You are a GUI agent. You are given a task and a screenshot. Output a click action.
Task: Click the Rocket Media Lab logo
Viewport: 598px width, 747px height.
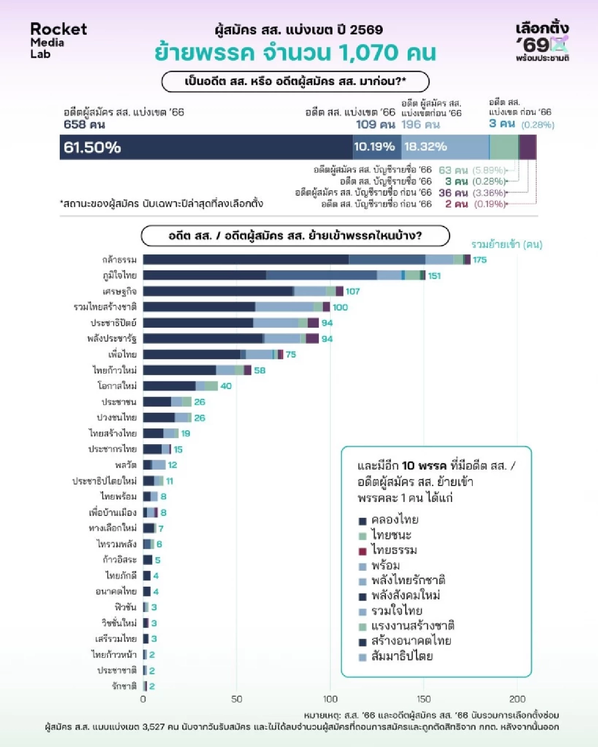pyautogui.click(x=58, y=41)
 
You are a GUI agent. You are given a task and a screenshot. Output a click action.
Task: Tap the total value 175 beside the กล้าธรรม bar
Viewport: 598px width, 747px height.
pyautogui.click(x=479, y=259)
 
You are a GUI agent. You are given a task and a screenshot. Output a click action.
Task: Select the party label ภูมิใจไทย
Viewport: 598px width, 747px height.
pyautogui.click(x=120, y=275)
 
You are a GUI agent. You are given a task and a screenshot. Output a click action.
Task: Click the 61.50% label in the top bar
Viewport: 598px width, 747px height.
pyautogui.click(x=92, y=147)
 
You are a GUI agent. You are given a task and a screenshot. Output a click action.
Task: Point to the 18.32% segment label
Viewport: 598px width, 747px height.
pyautogui.click(x=425, y=147)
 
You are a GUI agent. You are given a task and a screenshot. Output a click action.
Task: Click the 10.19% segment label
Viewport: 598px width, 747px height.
pyautogui.click(x=374, y=147)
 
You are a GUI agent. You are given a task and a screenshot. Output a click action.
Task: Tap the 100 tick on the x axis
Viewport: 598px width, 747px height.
pyautogui.click(x=330, y=699)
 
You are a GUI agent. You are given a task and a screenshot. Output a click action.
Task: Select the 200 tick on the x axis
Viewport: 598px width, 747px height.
pyautogui.click(x=517, y=699)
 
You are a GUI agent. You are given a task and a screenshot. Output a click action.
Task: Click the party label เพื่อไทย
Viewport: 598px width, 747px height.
pyautogui.click(x=123, y=355)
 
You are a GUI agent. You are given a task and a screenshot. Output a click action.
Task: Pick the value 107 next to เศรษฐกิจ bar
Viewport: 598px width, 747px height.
pyautogui.click(x=352, y=291)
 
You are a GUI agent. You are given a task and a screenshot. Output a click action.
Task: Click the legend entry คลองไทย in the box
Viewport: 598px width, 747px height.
pyautogui.click(x=395, y=520)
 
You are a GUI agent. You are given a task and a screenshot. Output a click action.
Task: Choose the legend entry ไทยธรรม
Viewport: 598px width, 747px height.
pyautogui.click(x=394, y=550)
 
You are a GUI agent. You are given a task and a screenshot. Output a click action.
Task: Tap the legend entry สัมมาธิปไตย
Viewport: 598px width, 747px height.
pyautogui.click(x=402, y=656)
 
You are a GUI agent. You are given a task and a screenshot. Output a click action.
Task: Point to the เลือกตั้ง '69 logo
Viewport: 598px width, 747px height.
pyautogui.click(x=542, y=41)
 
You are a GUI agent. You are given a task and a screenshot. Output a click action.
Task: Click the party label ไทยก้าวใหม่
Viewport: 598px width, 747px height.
pyautogui.click(x=115, y=370)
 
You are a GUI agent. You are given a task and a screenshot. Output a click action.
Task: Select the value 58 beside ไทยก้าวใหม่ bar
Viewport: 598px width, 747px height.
pyautogui.click(x=260, y=370)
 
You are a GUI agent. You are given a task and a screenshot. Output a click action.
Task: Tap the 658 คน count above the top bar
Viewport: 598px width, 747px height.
pyautogui.click(x=84, y=124)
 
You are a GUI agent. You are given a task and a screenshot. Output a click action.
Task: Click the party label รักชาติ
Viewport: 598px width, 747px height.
pyautogui.click(x=124, y=686)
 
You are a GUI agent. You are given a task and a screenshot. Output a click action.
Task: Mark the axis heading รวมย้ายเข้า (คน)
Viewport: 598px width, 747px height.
pyautogui.click(x=506, y=245)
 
